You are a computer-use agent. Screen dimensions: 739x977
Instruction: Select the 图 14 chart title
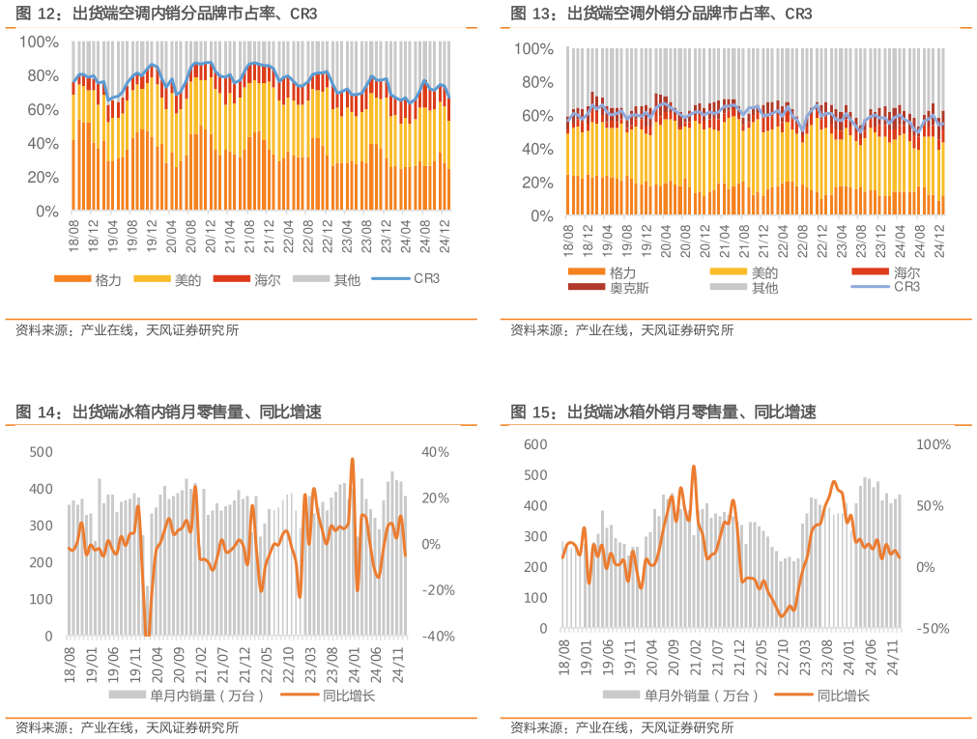(168, 412)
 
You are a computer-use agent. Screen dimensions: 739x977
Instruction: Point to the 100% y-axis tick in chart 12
(40, 43)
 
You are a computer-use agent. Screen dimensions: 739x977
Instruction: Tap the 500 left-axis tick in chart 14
(41, 452)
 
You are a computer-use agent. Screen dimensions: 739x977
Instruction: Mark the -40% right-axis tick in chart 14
(438, 637)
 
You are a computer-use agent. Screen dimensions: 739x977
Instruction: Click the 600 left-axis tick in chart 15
(534, 444)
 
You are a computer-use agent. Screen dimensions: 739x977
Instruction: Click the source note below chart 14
(127, 728)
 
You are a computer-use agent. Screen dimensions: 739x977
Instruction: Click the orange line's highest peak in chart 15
(694, 467)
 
